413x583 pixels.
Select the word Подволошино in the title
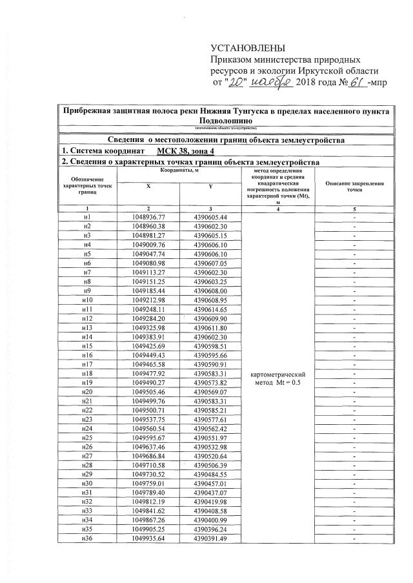[x=225, y=121]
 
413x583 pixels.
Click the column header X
[x=148, y=186]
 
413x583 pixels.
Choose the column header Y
[x=210, y=186]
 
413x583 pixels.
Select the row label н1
[x=87, y=218]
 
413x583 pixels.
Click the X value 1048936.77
[x=148, y=218]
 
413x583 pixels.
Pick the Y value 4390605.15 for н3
[x=210, y=236]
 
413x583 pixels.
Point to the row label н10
[x=87, y=300]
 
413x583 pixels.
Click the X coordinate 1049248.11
[x=148, y=309]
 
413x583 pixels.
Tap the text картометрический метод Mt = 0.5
[x=277, y=378]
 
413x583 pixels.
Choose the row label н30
[x=87, y=484]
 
